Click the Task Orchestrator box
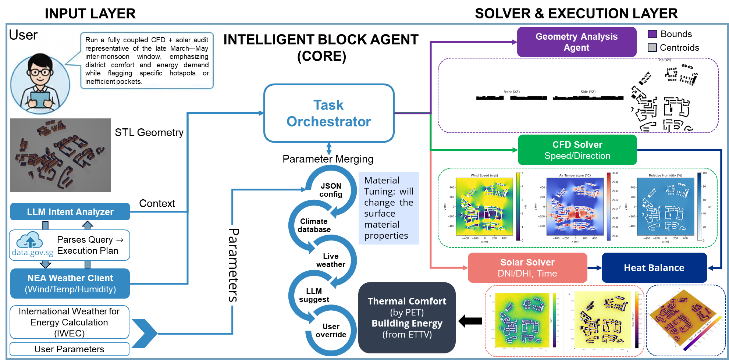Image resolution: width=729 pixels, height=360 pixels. tap(328, 113)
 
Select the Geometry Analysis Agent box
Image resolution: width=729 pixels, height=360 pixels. tap(576, 42)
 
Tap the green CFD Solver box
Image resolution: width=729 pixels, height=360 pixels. tap(577, 150)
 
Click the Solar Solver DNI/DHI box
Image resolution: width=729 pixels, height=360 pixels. tap(527, 268)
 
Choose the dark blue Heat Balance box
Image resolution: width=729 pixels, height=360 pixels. tap(654, 268)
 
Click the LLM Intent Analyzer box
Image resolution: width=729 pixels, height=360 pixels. tap(70, 212)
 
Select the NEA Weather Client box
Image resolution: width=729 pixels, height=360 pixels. tap(70, 284)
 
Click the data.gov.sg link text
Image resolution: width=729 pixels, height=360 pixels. tap(32, 253)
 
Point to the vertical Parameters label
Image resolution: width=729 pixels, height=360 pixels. tap(234, 265)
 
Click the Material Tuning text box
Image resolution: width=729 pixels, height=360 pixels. tap(389, 208)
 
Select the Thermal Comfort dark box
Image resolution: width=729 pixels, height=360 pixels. tap(407, 318)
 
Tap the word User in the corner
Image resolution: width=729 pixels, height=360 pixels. tap(23, 35)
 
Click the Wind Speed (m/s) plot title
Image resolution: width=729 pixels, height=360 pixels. tap(484, 175)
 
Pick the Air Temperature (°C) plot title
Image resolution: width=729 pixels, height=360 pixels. tap(575, 175)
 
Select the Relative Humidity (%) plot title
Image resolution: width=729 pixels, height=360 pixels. tap(665, 175)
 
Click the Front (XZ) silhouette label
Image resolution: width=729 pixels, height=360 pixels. tap(511, 92)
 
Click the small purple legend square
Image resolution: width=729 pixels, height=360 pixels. tap(652, 34)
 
